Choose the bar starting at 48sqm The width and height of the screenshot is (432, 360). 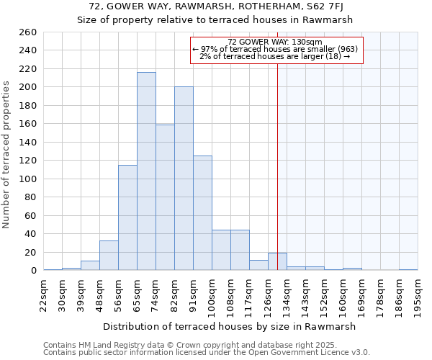pyautogui.click(x=109, y=256)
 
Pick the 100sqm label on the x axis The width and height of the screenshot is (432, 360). pyautogui.click(x=212, y=295)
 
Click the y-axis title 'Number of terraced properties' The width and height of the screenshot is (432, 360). pyautogui.click(x=6, y=155)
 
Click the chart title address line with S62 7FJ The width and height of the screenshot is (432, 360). pyautogui.click(x=215, y=6)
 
